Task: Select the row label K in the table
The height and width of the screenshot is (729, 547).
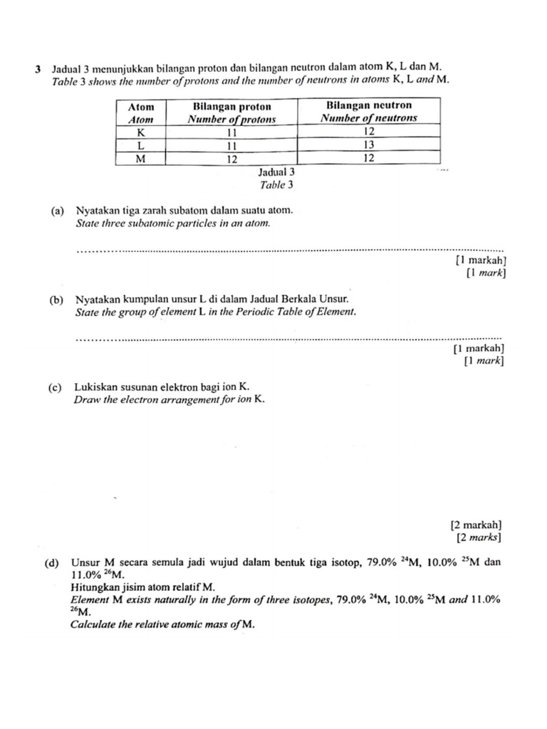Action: (x=140, y=132)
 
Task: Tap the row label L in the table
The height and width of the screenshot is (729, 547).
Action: (x=140, y=145)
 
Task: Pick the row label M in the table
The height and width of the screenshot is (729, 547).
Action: (x=140, y=159)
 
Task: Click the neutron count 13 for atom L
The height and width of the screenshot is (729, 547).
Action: (x=369, y=145)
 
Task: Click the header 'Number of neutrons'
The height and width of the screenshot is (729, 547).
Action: (x=369, y=119)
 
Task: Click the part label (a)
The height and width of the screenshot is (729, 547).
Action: (x=58, y=211)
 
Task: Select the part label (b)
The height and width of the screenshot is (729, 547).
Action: (x=58, y=300)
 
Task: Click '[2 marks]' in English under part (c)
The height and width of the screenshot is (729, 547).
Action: (x=481, y=537)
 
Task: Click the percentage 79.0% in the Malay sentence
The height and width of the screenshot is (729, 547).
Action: (x=382, y=562)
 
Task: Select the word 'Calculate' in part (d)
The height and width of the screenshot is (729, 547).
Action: (x=94, y=625)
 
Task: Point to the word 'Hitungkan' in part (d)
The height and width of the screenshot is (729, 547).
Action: (x=94, y=587)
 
